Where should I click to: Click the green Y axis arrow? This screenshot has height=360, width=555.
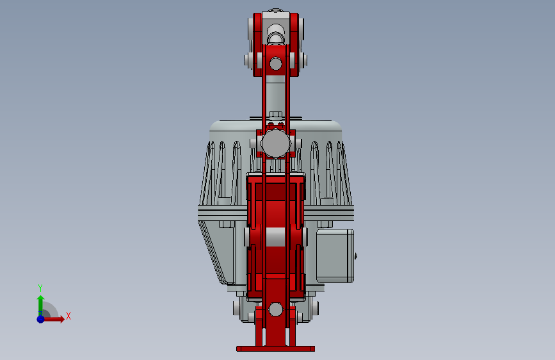click(x=40, y=302)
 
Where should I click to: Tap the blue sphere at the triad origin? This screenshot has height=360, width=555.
click(x=40, y=318)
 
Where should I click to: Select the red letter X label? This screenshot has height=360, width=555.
click(x=68, y=316)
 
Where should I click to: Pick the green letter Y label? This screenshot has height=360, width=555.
click(x=40, y=288)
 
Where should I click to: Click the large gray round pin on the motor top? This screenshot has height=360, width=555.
click(x=276, y=144)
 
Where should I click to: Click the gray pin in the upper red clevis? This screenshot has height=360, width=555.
click(x=275, y=63)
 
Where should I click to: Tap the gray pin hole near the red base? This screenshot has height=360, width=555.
click(x=275, y=310)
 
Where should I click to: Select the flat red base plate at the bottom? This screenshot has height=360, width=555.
click(x=275, y=349)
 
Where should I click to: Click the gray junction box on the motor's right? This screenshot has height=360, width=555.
click(x=334, y=256)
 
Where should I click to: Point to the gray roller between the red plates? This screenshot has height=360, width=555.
click(x=276, y=236)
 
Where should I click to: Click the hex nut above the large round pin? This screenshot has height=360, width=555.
click(x=276, y=115)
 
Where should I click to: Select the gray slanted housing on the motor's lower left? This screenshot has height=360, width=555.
click(x=214, y=250)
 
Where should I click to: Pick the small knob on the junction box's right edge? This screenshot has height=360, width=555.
click(x=355, y=256)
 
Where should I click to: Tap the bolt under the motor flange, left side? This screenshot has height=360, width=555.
click(x=226, y=224)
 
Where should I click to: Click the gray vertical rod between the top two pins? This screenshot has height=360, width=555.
click(x=276, y=96)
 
